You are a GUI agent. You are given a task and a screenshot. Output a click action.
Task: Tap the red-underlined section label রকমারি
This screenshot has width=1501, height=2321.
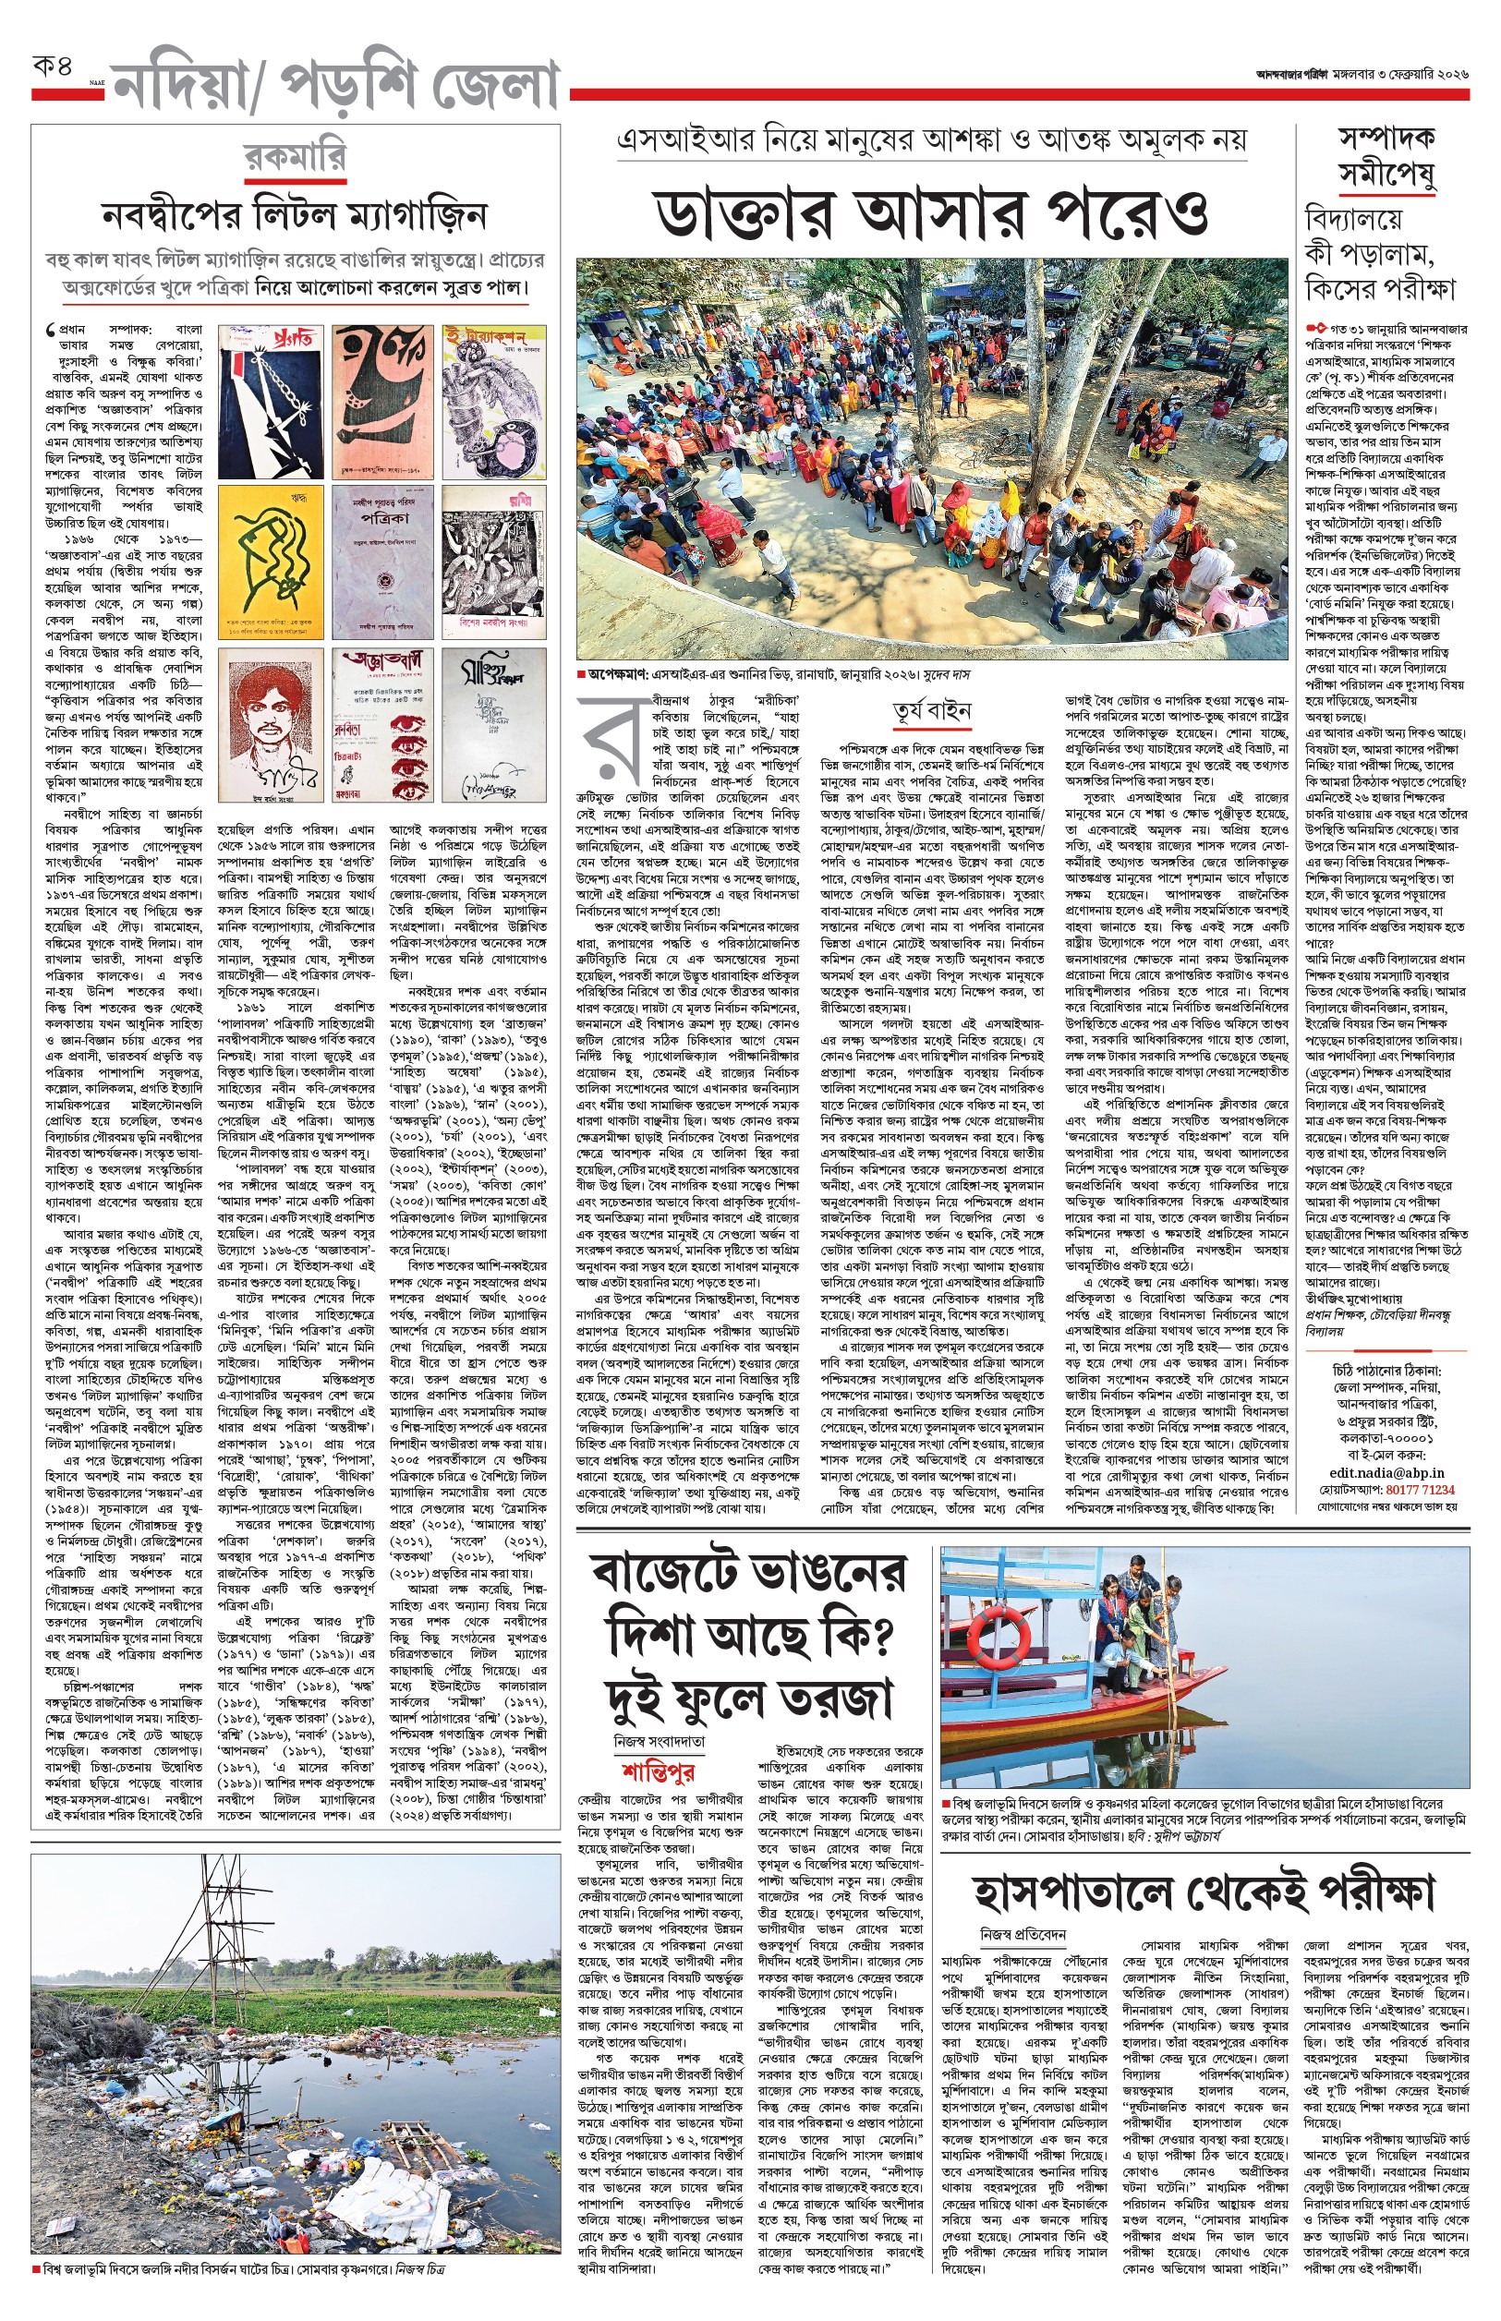[295, 157]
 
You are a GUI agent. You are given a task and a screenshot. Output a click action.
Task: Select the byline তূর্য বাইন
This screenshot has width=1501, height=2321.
[931, 710]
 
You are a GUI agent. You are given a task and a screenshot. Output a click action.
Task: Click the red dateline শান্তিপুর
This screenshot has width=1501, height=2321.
[658, 1771]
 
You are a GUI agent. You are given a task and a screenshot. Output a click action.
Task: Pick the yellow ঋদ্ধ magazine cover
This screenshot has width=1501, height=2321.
[271, 564]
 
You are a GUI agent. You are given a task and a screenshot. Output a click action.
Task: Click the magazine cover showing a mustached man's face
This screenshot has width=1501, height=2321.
[271, 725]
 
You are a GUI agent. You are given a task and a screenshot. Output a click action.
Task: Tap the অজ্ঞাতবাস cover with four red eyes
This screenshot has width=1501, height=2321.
[383, 725]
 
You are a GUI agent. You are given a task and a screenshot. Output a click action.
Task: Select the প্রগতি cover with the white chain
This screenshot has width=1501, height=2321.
[271, 402]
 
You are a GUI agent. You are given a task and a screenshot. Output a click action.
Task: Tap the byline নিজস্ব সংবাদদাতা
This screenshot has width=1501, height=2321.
[659, 1741]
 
